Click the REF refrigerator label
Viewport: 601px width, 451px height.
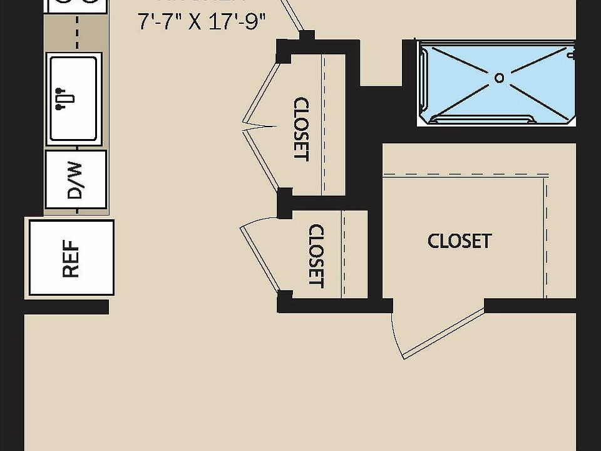coord(71,258)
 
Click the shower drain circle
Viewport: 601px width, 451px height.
coord(499,78)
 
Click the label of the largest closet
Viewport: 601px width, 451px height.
coord(459,241)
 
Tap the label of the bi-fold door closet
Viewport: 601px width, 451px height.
coord(301,129)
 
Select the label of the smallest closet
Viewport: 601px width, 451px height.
coord(317,256)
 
